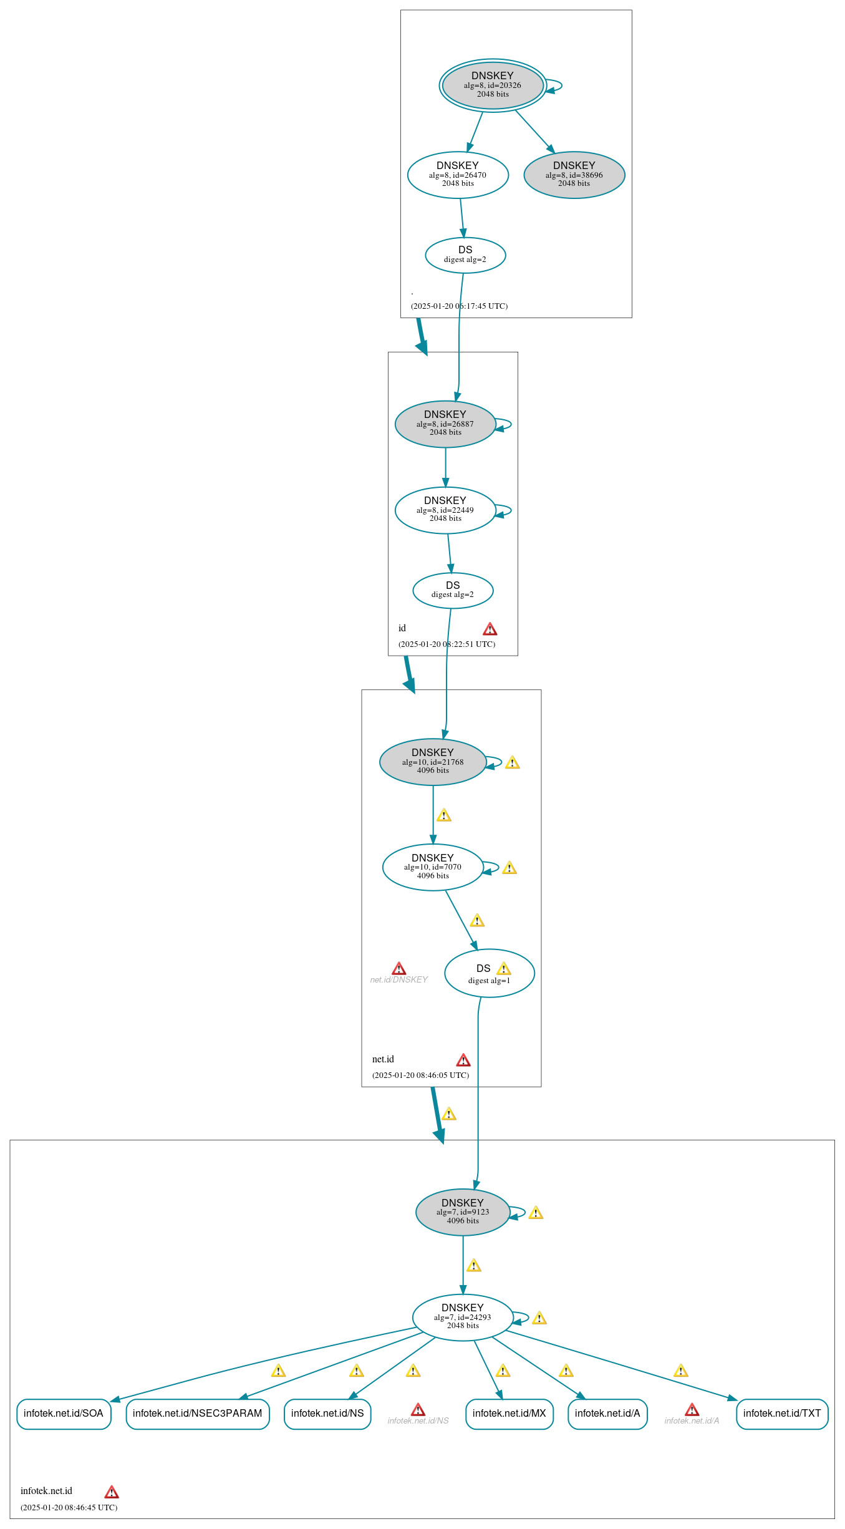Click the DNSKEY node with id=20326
pyautogui.click(x=493, y=85)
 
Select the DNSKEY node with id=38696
pyautogui.click(x=574, y=175)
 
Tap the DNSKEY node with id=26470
pyautogui.click(x=458, y=175)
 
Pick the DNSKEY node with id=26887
pyautogui.click(x=445, y=424)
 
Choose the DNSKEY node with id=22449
pyautogui.click(x=445, y=510)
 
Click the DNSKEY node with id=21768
pyautogui.click(x=433, y=762)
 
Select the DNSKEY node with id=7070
pyautogui.click(x=433, y=867)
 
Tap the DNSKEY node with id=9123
pyautogui.click(x=463, y=1211)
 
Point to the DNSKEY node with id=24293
pyautogui.click(x=463, y=1317)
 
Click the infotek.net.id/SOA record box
pyautogui.click(x=64, y=1414)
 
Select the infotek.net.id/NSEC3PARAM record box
pyautogui.click(x=197, y=1414)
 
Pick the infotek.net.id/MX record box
pyautogui.click(x=509, y=1414)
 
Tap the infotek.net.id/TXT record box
pyautogui.click(x=782, y=1414)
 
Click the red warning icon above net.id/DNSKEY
pyautogui.click(x=399, y=968)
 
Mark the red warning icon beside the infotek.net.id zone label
pyautogui.click(x=112, y=1492)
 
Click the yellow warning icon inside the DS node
pyautogui.click(x=504, y=969)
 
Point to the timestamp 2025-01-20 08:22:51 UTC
pyautogui.click(x=447, y=644)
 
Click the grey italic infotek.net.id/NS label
pyautogui.click(x=418, y=1420)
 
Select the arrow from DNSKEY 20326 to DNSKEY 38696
pyautogui.click(x=534, y=131)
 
